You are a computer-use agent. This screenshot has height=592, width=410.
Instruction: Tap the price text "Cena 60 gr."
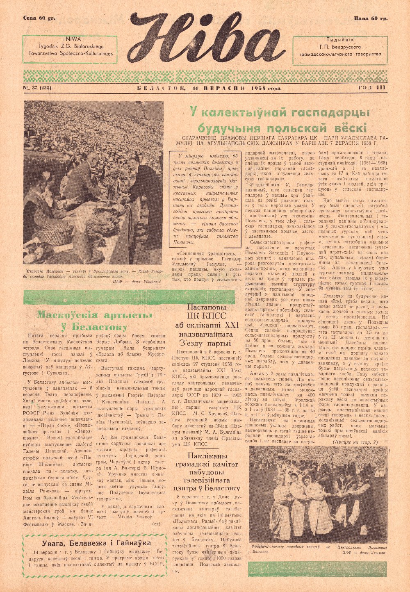tap(39, 18)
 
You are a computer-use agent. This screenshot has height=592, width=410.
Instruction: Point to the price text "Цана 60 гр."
tap(371, 18)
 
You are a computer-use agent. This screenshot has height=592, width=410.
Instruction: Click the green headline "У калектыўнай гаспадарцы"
tap(279, 112)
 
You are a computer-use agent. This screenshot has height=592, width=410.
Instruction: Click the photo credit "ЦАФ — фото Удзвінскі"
tap(136, 282)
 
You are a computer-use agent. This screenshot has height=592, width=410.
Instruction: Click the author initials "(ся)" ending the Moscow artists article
tap(156, 524)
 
